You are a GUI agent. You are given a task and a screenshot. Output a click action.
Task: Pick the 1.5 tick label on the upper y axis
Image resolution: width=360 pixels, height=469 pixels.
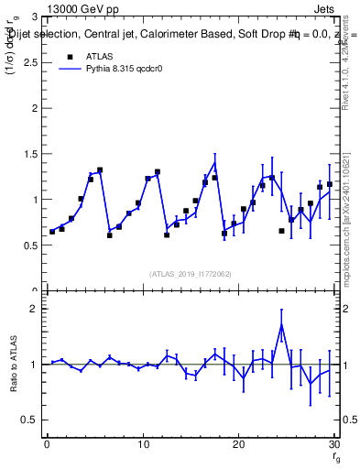pyautogui.click(x=30, y=154)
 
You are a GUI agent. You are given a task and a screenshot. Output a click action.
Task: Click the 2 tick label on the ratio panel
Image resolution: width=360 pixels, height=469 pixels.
pyautogui.click(x=34, y=309)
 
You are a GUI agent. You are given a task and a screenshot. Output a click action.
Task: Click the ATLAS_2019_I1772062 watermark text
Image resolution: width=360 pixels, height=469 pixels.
pyautogui.click(x=191, y=273)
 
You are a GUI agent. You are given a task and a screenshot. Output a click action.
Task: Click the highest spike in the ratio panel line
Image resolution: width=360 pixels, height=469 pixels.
pyautogui.click(x=281, y=325)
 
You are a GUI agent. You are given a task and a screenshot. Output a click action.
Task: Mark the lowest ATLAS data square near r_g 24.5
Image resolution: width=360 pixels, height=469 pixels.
pyautogui.click(x=281, y=231)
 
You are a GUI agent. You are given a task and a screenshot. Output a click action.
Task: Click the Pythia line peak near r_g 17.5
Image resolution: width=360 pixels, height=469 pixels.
pyautogui.click(x=214, y=163)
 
